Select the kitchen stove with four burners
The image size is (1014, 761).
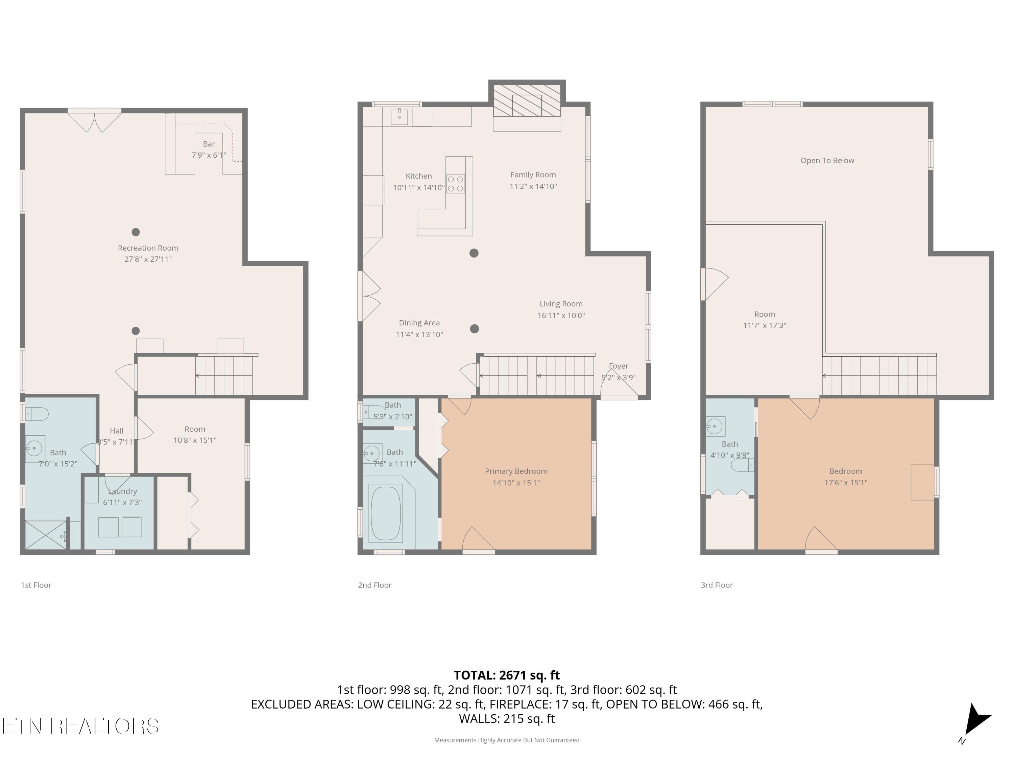click(456, 184)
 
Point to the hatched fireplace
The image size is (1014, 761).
click(527, 100)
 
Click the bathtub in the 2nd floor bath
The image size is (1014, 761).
click(386, 513)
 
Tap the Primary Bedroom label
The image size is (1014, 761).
click(516, 471)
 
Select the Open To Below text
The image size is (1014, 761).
click(827, 161)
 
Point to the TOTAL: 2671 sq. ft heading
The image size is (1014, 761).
click(507, 675)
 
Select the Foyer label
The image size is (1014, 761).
click(619, 366)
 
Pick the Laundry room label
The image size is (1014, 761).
click(122, 491)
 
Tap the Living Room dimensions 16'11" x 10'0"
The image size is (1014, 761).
click(561, 315)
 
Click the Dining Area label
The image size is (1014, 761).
click(419, 323)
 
